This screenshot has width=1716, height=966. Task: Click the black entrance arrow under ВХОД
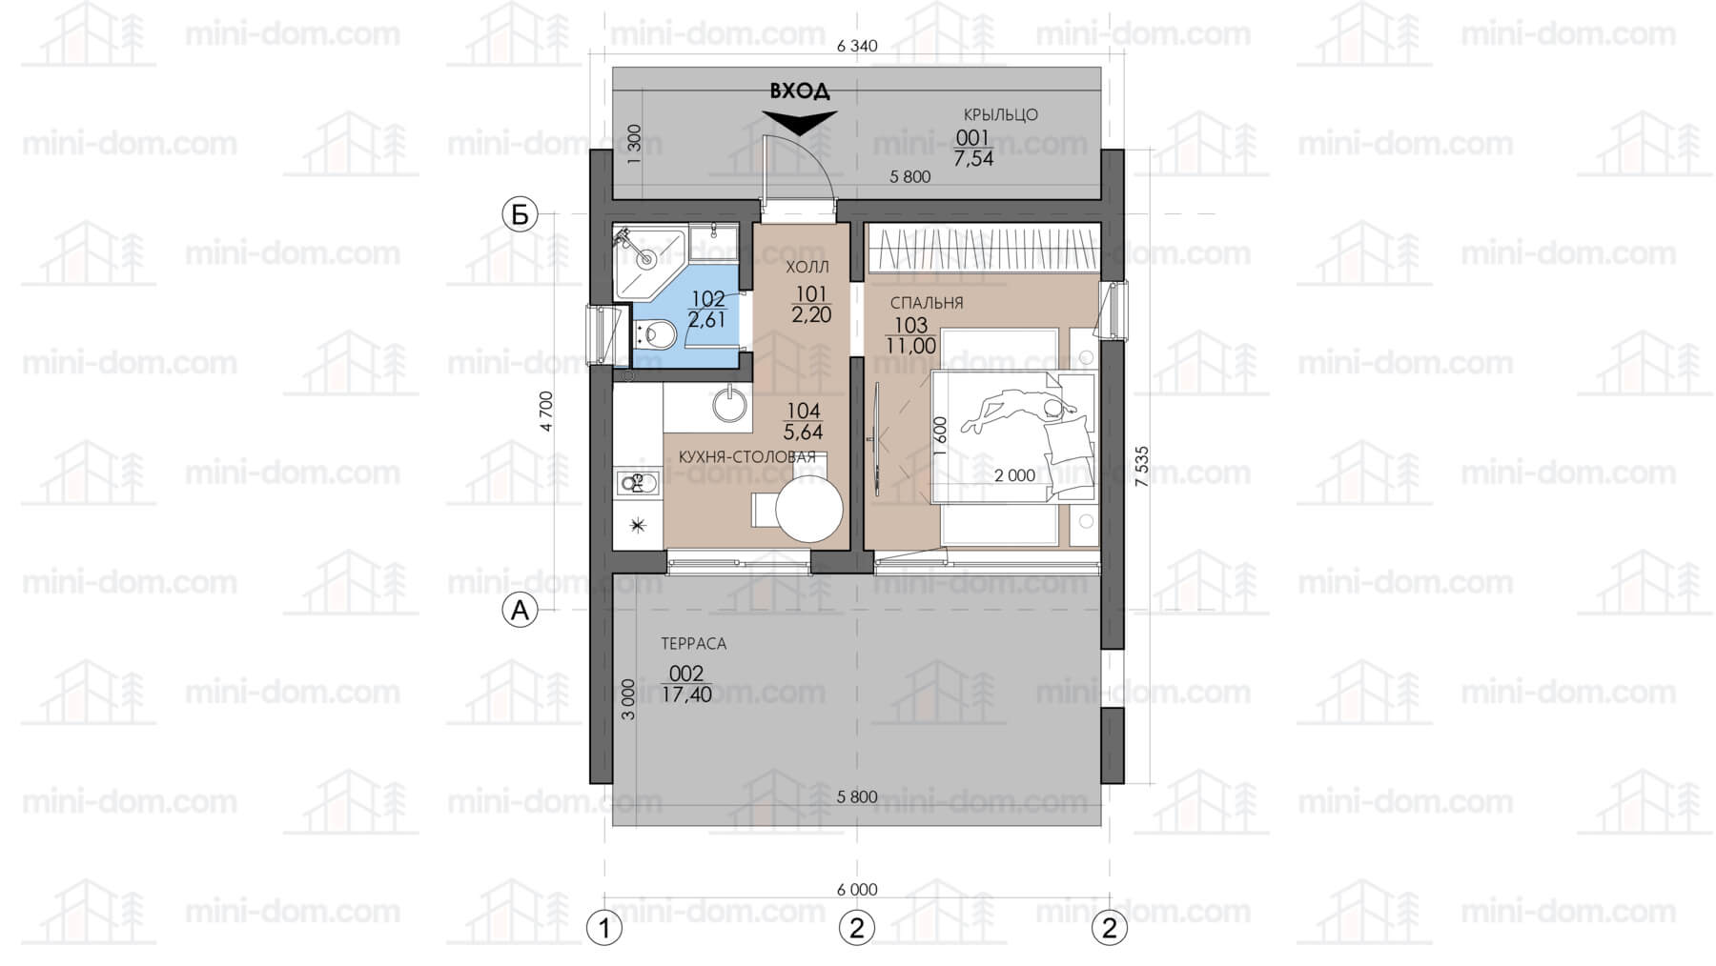point(800,122)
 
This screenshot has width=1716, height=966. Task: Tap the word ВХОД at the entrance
point(800,91)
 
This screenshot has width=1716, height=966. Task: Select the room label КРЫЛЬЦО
point(1000,115)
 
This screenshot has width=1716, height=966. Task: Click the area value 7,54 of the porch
point(973,159)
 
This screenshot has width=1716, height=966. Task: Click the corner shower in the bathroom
point(649,260)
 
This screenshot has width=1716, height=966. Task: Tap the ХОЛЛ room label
point(807,267)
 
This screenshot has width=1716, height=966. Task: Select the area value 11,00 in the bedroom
point(910,347)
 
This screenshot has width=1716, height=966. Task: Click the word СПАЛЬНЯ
point(927,304)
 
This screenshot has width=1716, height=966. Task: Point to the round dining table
point(809,509)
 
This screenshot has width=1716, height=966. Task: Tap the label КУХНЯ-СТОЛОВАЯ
point(747,457)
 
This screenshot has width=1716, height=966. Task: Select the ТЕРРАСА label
point(693,644)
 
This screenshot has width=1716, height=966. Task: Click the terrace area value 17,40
point(686,695)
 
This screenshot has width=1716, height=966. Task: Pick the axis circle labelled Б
point(521,215)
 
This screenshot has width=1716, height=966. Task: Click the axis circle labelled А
point(521,610)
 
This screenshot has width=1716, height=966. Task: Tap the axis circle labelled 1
point(603,927)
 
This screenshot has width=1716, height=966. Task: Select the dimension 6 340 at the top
point(857,46)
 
